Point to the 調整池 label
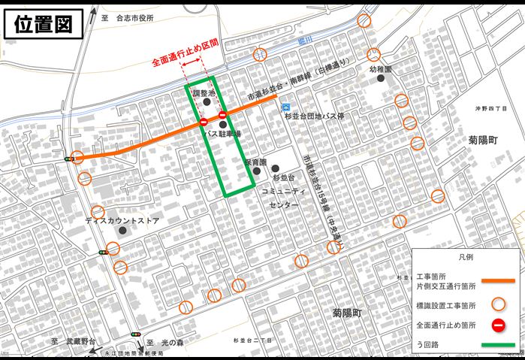tap(204, 92)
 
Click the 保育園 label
tap(256, 162)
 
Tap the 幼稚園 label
tap(382, 68)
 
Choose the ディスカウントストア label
tap(122, 221)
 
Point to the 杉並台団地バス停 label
tap(314, 116)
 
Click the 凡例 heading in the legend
tap(467, 257)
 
